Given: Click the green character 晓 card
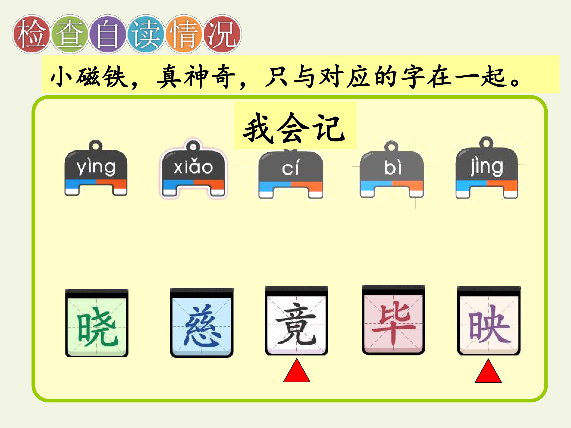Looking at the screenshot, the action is pos(97,323).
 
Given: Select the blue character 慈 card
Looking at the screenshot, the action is pos(202,322).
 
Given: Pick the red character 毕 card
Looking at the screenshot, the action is pos(393,320).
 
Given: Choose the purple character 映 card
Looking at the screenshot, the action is pos(489,320).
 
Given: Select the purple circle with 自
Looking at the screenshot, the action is pos(108,34).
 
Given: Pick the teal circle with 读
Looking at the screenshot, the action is pos(146,34).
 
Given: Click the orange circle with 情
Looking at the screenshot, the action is pos(184,34).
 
